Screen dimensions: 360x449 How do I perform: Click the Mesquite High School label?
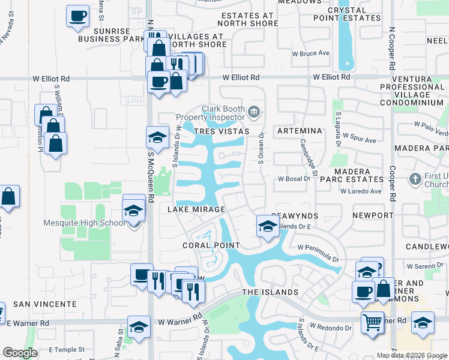coord(93,223)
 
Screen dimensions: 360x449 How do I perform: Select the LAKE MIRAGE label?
coord(196,209)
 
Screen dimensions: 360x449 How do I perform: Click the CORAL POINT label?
coord(212,245)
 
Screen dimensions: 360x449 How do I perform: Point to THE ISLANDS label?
coord(270,292)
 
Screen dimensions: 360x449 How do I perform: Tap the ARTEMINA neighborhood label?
coord(300,131)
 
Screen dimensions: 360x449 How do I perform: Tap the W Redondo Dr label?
coord(331,328)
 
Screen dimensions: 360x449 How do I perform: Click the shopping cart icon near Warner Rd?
coord(373,322)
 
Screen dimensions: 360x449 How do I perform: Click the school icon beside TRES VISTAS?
coord(157,137)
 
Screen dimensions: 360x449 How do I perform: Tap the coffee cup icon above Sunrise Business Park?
coord(77,17)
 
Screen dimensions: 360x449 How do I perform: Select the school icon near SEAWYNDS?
coord(267,226)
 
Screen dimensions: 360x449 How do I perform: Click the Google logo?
coord(20,353)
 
